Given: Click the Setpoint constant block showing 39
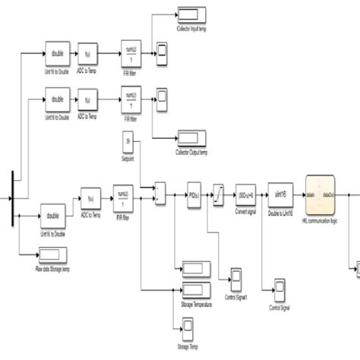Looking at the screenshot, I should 128,142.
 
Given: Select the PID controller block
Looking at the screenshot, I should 194,196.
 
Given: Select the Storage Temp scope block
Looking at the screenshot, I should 186,326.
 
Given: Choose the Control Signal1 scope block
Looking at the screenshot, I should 236,275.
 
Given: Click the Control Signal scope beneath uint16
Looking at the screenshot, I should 278,292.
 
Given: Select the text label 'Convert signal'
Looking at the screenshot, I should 247,213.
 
